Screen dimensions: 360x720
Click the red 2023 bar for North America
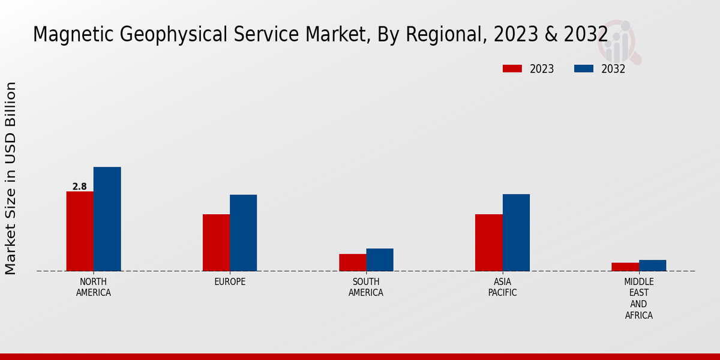(80, 231)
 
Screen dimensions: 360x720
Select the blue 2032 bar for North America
(107, 219)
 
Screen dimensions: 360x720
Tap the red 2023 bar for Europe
(216, 242)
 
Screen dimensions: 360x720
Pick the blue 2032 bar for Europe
(243, 233)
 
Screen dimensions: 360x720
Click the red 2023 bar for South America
(352, 262)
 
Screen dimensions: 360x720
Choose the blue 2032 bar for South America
(380, 260)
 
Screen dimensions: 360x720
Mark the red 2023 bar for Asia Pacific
(488, 242)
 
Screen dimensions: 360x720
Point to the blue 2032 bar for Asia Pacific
(516, 232)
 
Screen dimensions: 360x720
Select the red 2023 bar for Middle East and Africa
(625, 267)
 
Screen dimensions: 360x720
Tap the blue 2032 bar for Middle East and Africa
(652, 265)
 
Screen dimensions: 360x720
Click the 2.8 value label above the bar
(80, 187)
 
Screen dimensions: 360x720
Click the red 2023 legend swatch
(512, 68)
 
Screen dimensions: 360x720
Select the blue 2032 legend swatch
(583, 68)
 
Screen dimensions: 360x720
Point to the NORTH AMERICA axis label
(94, 287)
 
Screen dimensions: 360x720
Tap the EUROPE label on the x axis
(230, 282)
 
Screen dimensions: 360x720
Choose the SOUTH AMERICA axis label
(366, 287)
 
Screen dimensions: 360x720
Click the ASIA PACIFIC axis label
(502, 287)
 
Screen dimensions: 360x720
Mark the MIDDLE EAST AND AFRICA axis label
(638, 298)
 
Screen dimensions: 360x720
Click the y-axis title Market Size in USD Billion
(11, 178)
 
